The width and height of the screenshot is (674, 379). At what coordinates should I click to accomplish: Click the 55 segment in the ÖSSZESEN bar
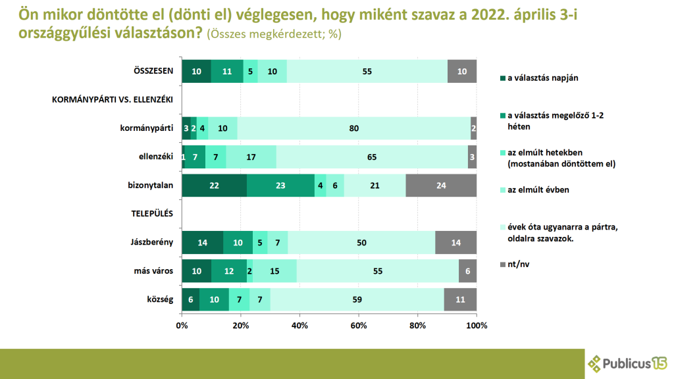click(x=367, y=70)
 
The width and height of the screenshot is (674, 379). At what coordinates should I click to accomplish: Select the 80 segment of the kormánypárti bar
click(x=354, y=128)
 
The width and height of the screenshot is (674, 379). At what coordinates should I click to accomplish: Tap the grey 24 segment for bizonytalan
click(x=441, y=185)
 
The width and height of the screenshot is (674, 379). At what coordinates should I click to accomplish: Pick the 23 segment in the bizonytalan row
click(x=280, y=185)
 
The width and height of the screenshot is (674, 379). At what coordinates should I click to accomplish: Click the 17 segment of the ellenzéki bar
click(x=251, y=157)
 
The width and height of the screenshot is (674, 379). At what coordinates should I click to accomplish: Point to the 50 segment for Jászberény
click(x=361, y=242)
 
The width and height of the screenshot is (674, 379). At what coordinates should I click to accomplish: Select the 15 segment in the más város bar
click(x=274, y=271)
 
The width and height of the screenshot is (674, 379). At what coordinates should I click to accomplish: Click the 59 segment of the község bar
click(x=357, y=299)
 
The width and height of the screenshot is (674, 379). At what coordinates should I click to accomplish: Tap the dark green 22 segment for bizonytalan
click(x=214, y=185)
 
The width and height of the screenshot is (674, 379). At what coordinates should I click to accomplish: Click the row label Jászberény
click(x=153, y=242)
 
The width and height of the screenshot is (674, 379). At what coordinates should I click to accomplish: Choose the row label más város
click(x=153, y=271)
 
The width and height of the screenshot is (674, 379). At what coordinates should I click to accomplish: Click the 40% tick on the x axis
click(x=299, y=325)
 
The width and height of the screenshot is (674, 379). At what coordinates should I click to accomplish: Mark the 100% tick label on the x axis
click(x=476, y=325)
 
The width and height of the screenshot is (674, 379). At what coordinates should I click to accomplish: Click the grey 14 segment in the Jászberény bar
click(x=455, y=242)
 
